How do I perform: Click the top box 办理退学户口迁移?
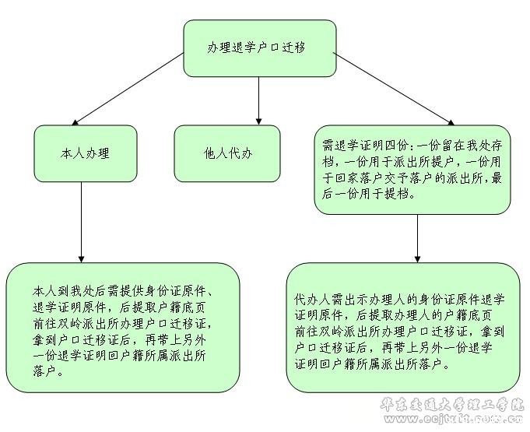(x=259, y=47)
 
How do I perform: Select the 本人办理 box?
(x=86, y=153)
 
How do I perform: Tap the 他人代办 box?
(x=226, y=153)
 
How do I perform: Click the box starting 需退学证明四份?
(x=412, y=170)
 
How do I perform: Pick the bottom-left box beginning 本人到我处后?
(x=122, y=327)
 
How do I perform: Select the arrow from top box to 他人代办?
(x=259, y=97)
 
